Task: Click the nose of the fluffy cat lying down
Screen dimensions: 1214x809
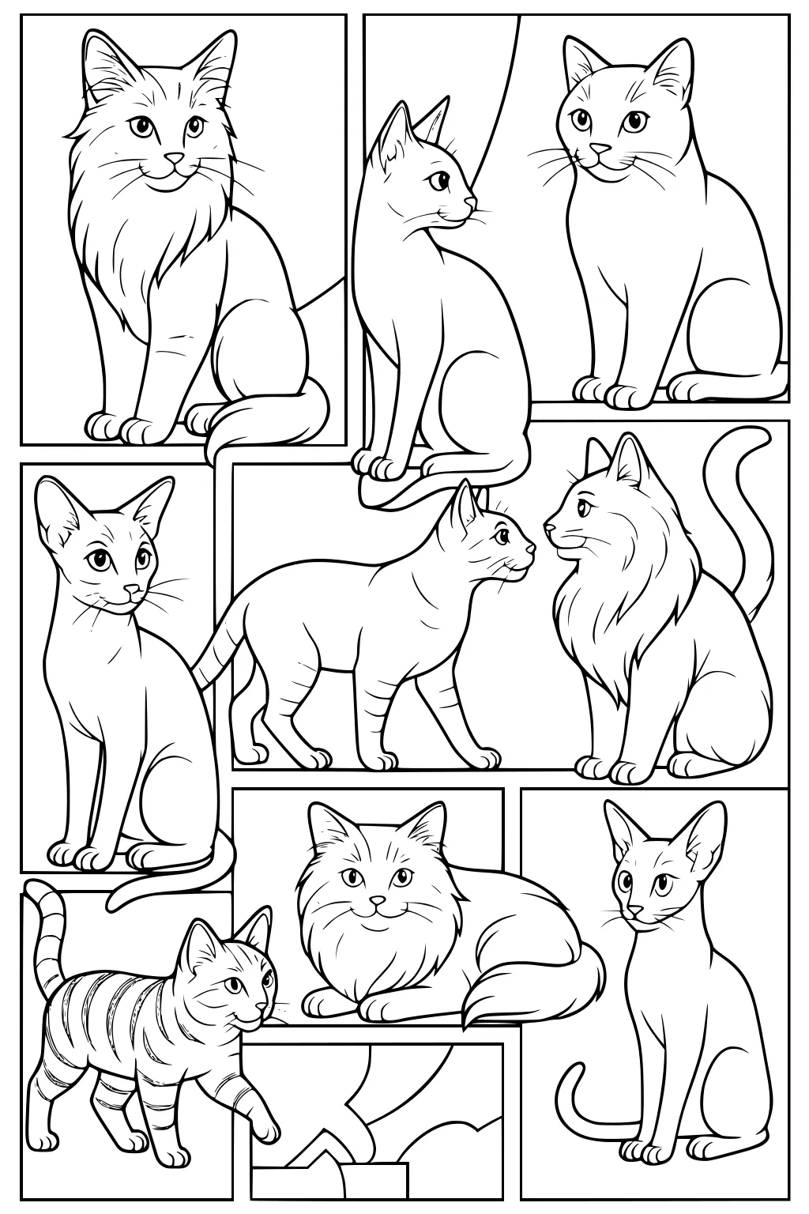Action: [x=378, y=901]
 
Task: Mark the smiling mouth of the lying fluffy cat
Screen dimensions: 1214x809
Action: [x=378, y=915]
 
